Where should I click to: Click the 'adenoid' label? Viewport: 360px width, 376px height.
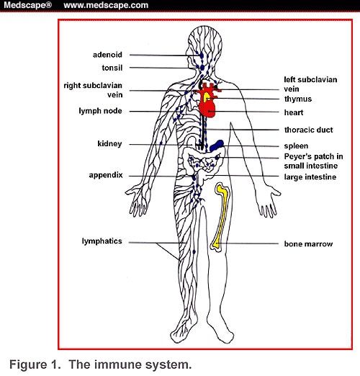(x=107, y=55)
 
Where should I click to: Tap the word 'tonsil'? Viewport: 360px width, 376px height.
(x=112, y=68)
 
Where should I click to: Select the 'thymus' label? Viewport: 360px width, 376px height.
(x=298, y=99)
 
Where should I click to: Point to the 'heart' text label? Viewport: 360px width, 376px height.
(x=294, y=112)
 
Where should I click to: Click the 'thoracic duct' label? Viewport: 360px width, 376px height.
(x=308, y=130)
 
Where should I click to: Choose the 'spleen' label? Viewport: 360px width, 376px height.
(x=296, y=146)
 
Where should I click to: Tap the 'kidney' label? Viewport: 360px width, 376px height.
(x=109, y=144)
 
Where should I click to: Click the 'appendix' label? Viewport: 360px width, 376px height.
(x=106, y=175)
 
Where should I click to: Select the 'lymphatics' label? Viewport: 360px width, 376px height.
(x=102, y=241)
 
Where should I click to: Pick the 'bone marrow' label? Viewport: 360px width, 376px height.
(x=308, y=244)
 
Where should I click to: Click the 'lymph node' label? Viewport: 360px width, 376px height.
(x=100, y=111)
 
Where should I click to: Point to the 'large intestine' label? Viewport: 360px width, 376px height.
(x=310, y=177)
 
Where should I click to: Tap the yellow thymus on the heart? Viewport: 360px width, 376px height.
(x=207, y=97)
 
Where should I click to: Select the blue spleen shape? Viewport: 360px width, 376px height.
(x=217, y=146)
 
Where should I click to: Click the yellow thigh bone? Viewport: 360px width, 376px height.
(x=221, y=216)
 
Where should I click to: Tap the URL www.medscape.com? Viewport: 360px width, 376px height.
(x=106, y=5)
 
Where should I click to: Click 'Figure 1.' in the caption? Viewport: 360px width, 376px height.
(x=35, y=364)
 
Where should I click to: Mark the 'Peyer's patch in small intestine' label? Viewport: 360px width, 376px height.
(x=313, y=161)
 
